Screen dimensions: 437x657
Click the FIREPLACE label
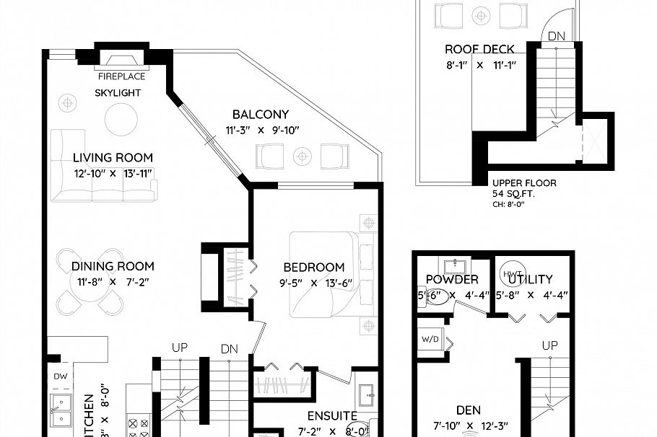point(121,76)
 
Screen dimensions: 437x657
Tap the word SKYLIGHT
point(118,93)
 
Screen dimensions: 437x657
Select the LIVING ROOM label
point(113,158)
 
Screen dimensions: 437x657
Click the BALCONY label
point(261,114)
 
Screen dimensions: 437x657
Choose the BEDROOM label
point(313,267)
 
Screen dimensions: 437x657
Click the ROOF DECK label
point(479,50)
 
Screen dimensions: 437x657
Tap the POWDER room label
point(452,279)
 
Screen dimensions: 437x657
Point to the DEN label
point(469,410)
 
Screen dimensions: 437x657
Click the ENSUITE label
point(332,416)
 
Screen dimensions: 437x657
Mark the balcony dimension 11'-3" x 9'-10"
point(261,131)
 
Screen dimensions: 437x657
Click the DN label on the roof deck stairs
point(557,36)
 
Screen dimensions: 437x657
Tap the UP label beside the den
point(550,345)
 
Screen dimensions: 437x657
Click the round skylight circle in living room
point(121,119)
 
